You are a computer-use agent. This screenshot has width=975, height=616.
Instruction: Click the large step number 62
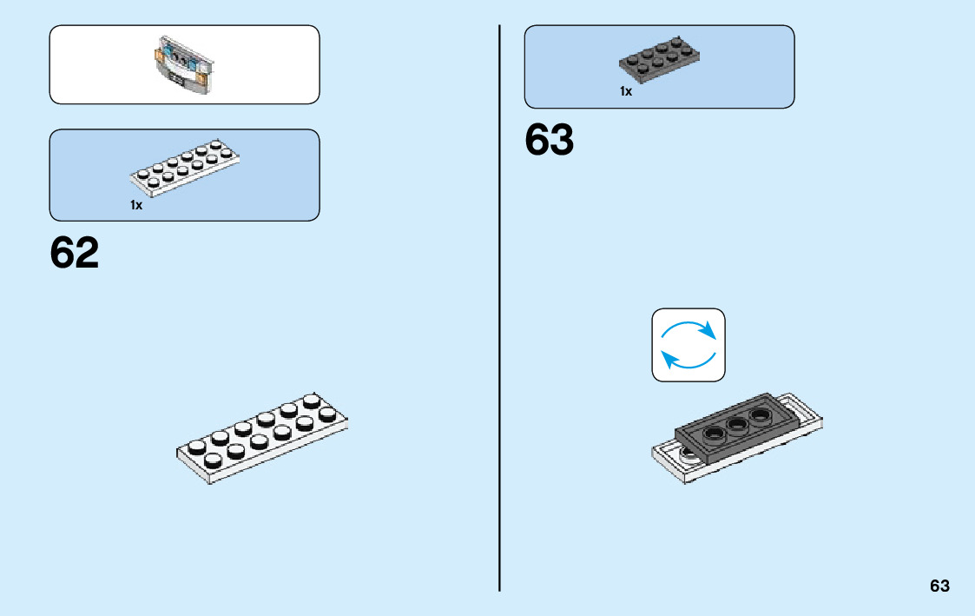[75, 253]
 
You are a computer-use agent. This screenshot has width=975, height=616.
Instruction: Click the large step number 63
[550, 141]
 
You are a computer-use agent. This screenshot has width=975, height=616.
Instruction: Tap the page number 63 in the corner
[939, 586]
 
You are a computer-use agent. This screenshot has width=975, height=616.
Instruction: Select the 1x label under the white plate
[136, 206]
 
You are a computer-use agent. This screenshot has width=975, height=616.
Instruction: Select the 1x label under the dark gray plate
[626, 91]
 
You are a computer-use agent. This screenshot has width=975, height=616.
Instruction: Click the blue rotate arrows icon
[688, 345]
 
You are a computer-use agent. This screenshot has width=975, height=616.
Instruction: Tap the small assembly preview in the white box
[183, 64]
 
